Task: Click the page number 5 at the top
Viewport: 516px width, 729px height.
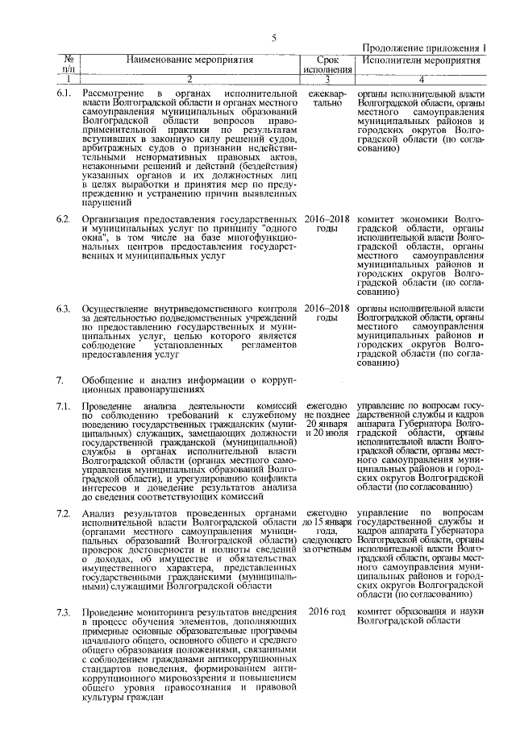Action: coord(273,37)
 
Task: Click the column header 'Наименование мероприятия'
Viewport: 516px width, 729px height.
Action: coord(189,60)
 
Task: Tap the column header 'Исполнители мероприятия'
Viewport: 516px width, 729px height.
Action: coord(415,60)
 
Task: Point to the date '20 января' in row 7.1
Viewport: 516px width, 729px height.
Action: coord(326,424)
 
